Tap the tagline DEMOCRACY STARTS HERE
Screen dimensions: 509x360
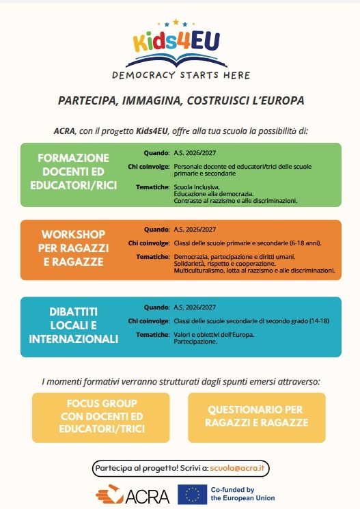180,74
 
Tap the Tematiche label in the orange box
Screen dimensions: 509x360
152,256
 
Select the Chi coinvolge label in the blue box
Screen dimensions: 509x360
148,320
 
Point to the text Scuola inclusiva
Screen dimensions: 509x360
197,187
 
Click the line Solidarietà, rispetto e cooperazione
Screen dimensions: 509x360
225,264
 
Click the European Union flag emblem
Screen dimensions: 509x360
193,494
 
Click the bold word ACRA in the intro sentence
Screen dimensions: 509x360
64,130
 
